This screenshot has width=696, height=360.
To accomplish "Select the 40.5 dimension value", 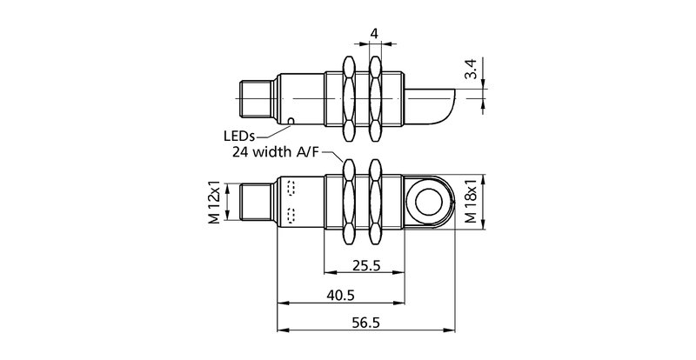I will tap(342, 295).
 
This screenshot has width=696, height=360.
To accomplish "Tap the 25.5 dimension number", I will tap(364, 266).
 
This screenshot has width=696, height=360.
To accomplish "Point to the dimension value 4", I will tap(374, 34).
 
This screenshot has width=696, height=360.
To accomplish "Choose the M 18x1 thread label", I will tap(471, 203).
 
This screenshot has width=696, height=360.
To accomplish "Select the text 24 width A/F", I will tap(274, 152).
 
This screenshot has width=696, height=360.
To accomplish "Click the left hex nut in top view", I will tap(350, 97).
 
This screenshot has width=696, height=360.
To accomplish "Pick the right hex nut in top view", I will tap(376, 97).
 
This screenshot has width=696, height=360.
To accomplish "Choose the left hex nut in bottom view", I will tap(350, 203).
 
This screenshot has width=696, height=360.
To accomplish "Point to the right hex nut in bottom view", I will tap(376, 203).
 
